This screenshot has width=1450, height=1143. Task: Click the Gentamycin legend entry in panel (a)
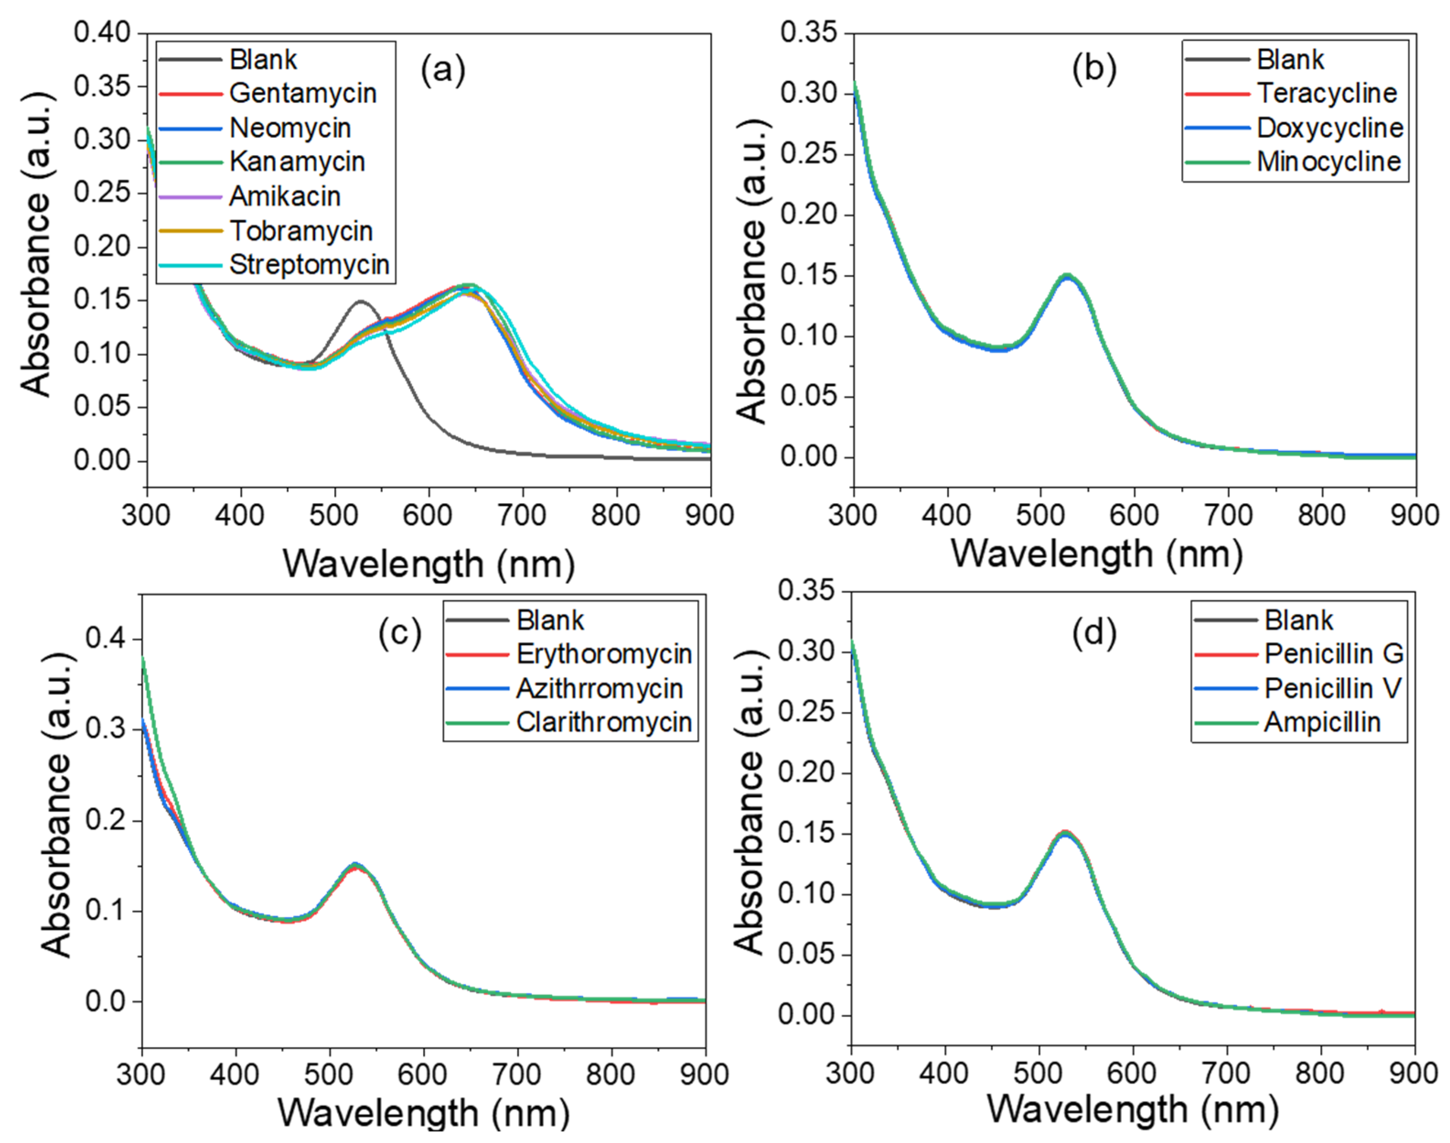302,94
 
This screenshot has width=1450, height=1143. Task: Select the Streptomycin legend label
309,265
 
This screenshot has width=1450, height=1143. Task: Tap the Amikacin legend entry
285,197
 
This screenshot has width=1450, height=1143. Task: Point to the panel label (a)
442,70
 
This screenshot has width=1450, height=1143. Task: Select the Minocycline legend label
1328,162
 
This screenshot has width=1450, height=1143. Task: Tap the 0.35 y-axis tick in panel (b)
808,33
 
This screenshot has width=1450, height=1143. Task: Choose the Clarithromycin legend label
604,723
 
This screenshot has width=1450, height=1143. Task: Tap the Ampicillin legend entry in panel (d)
1322,723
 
